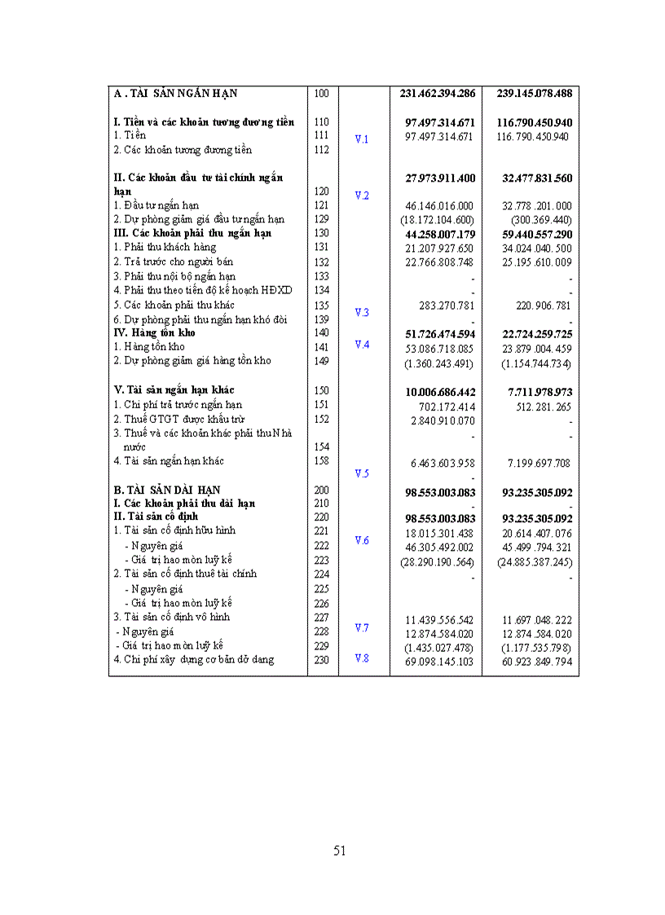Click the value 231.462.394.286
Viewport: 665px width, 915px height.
[438, 93]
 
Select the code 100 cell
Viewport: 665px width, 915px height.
[321, 93]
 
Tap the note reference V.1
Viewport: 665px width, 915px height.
[362, 139]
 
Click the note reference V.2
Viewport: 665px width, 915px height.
[362, 195]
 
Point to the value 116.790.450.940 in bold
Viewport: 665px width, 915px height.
[534, 122]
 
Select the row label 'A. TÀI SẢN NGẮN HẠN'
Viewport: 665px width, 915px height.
[175, 93]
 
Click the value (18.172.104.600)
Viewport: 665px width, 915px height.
[438, 220]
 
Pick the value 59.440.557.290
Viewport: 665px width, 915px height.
[534, 234]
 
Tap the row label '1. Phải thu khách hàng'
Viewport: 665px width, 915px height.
[165, 247]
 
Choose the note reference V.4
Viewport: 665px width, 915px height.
[362, 345]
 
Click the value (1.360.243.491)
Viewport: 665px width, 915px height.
[439, 363]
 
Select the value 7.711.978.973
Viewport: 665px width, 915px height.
[534, 392]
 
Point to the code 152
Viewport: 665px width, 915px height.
[321, 419]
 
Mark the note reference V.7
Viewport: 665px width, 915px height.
[362, 627]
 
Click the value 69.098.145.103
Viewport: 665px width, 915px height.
[439, 662]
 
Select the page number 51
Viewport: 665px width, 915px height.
[340, 851]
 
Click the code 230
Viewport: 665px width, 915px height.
[321, 660]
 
